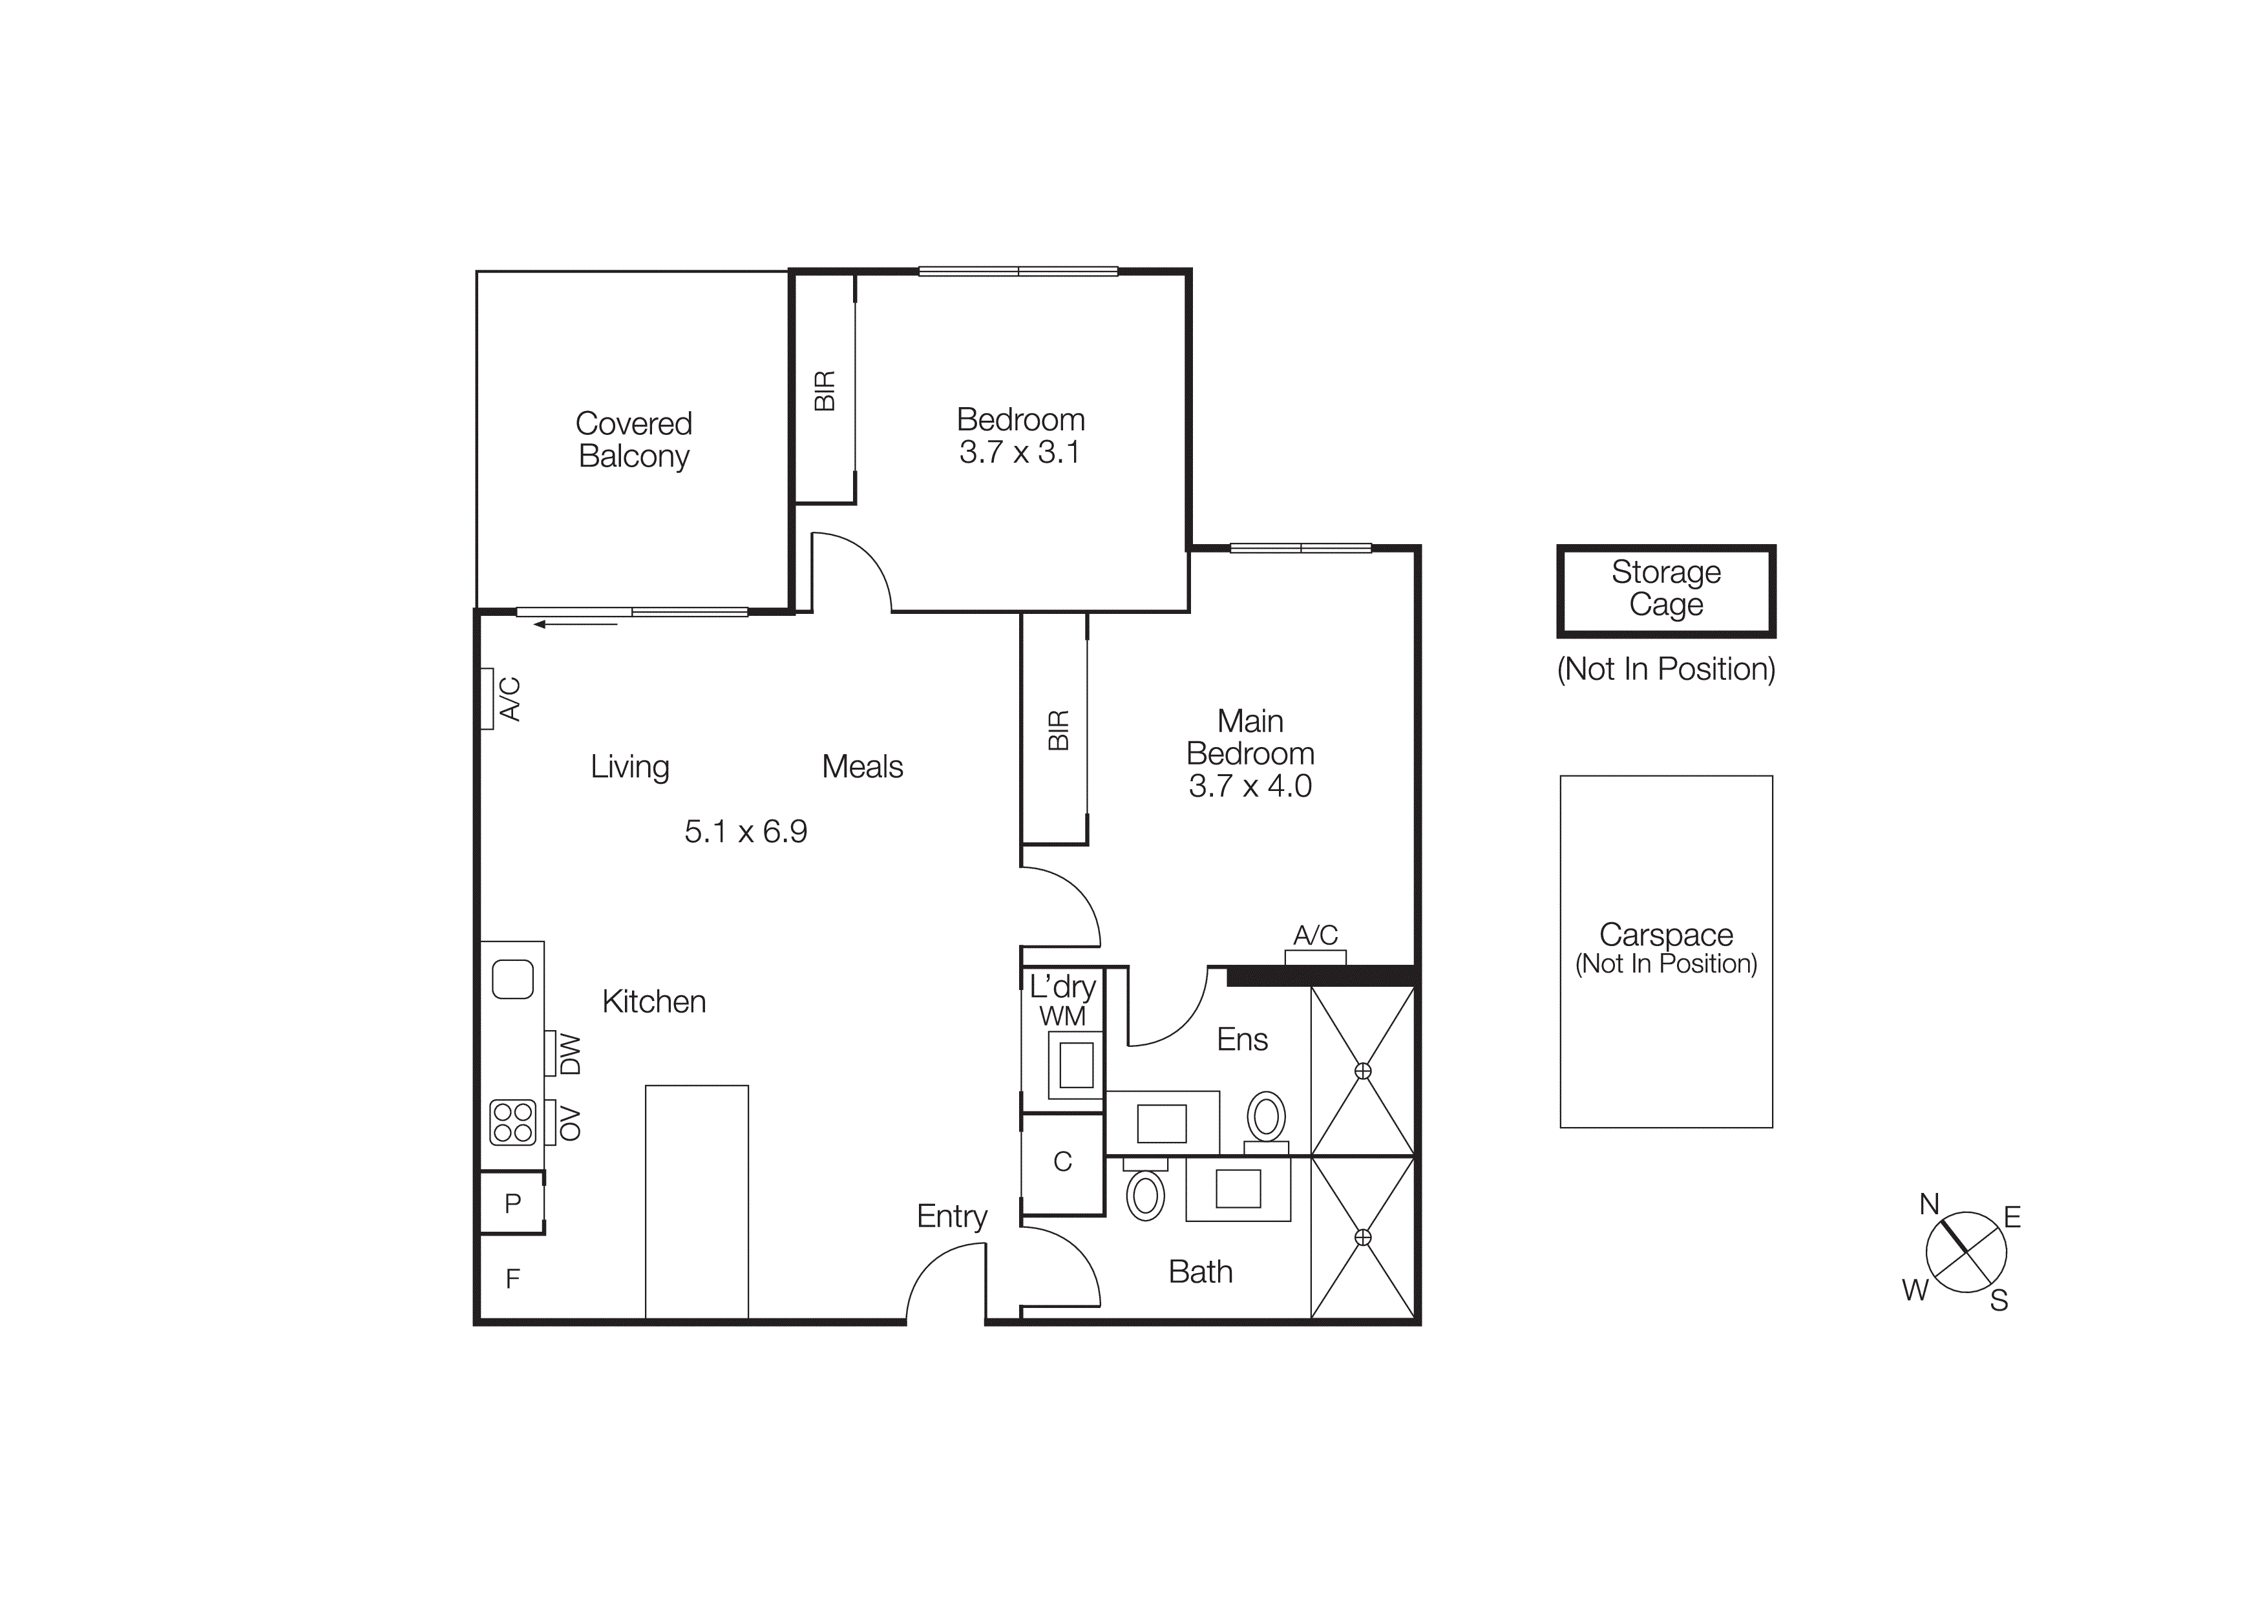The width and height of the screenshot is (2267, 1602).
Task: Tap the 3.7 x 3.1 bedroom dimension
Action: pyautogui.click(x=1019, y=453)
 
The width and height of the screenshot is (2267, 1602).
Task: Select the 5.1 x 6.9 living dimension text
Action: pyautogui.click(x=746, y=832)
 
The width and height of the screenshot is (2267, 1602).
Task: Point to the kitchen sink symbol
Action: pyautogui.click(x=512, y=979)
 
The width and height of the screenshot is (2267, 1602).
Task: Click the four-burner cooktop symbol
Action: pyautogui.click(x=512, y=1122)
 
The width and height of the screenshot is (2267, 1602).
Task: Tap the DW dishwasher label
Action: pyautogui.click(x=571, y=1054)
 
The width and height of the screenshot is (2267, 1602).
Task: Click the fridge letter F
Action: pyautogui.click(x=512, y=1280)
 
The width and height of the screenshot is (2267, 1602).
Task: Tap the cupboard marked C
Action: pyautogui.click(x=1062, y=1162)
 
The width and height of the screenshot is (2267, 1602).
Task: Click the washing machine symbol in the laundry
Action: pyautogui.click(x=1075, y=1065)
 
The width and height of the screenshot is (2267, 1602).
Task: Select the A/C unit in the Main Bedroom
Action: pyautogui.click(x=1315, y=956)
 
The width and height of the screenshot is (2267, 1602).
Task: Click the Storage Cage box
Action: pyautogui.click(x=1666, y=589)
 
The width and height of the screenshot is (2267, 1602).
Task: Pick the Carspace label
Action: pyautogui.click(x=1666, y=934)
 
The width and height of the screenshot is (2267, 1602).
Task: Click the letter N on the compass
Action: pyautogui.click(x=1928, y=1204)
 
